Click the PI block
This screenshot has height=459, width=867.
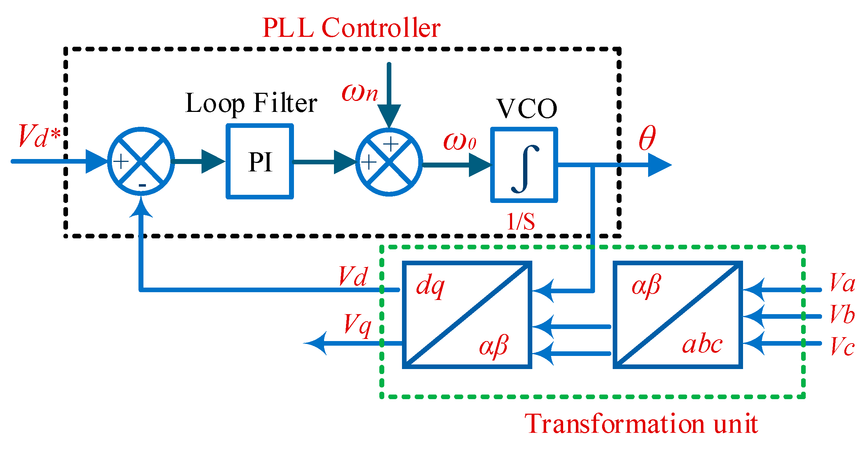[260, 161]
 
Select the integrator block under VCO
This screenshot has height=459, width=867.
[524, 165]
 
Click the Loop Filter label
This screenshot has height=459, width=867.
[251, 103]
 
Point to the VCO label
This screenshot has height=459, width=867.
[527, 108]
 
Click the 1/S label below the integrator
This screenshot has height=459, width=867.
[521, 222]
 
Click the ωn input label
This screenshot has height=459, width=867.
[359, 93]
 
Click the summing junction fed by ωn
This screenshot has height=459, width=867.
[389, 162]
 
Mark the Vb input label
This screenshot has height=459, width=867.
[842, 314]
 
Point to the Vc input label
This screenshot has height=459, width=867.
[842, 346]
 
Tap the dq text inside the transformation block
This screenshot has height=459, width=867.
[430, 286]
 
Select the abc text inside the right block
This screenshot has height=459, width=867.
[702, 344]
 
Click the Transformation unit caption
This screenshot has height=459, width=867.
[641, 424]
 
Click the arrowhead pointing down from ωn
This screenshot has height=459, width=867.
[389, 115]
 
